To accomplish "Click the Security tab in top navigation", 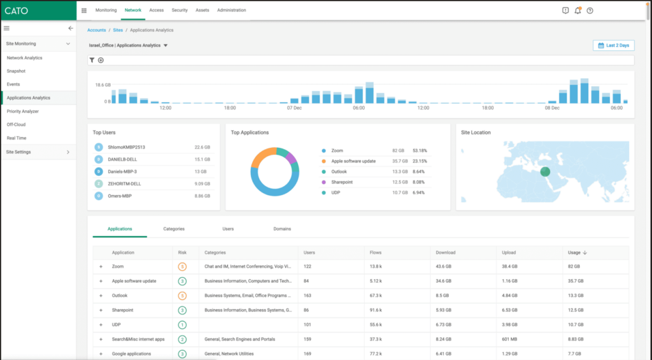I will coord(180,10).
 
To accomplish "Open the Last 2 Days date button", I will coord(613,45).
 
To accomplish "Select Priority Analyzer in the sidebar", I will coord(22,111).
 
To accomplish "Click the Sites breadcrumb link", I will coord(118,30).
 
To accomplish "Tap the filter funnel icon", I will coord(92,60).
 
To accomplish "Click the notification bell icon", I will coord(578,10).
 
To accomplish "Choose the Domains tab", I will coord(282,228).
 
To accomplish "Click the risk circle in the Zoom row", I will coord(182,266).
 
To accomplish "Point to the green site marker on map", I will coord(544,171).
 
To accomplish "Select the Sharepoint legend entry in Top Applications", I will coord(341,182).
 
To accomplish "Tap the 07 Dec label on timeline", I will coord(294,108).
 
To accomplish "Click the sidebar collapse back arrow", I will coord(71,28).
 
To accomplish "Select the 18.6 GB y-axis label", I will coord(103,85).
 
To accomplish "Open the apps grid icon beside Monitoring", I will coord(84,10).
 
